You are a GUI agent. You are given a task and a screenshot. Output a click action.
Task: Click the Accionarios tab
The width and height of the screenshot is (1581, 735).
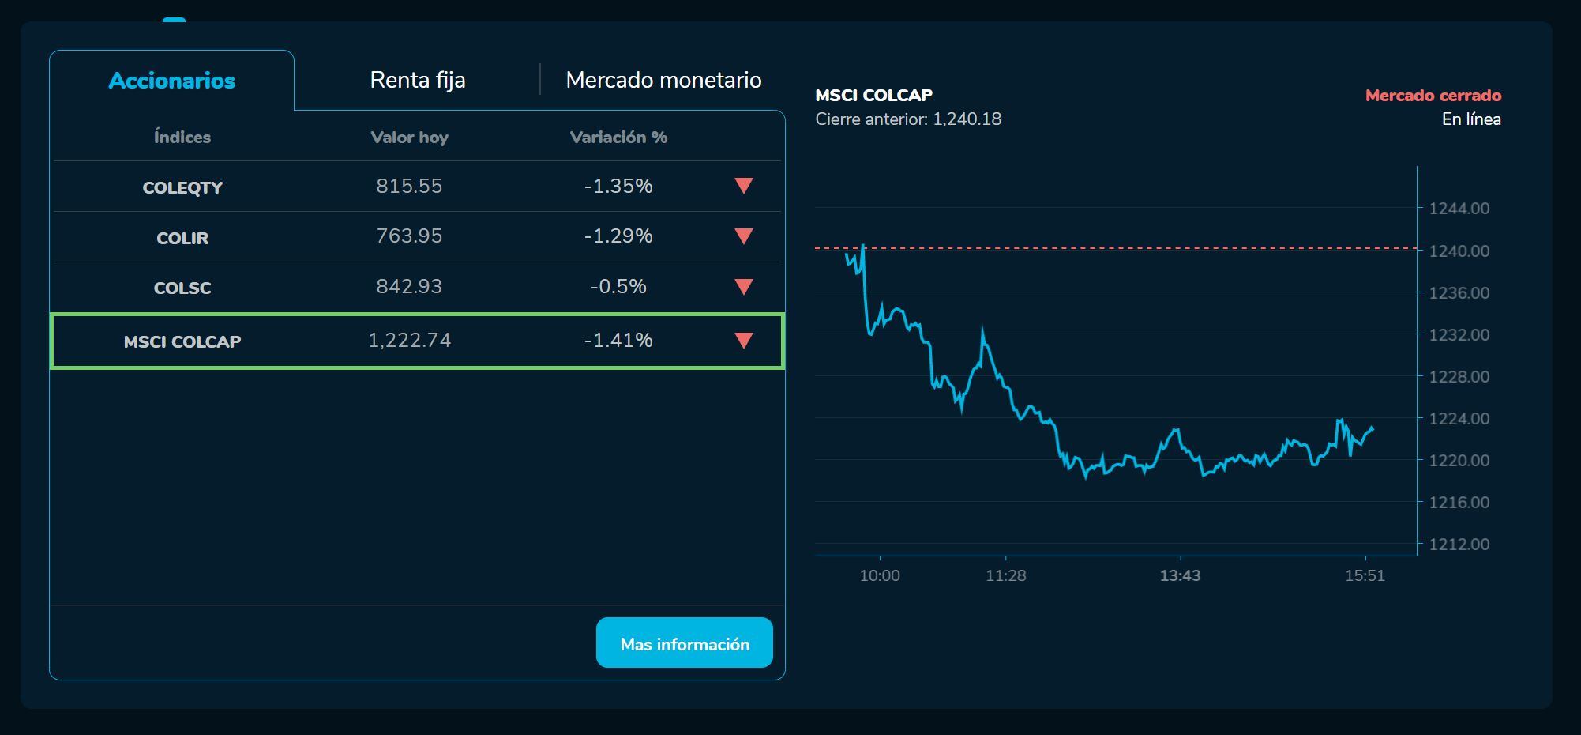point(171,81)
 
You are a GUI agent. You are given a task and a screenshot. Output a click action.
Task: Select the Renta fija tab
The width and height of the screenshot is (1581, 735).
point(417,80)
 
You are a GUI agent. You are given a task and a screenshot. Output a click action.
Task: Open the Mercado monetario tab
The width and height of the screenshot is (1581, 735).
point(663,80)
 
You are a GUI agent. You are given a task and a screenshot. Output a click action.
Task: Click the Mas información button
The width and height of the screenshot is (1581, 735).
point(684,643)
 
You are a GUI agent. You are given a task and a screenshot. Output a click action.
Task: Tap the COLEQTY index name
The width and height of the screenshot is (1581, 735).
point(182,187)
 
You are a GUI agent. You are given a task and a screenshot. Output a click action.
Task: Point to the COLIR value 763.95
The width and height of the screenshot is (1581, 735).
point(409,236)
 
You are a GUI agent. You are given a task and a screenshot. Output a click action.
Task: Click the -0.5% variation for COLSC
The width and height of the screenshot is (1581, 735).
point(618,287)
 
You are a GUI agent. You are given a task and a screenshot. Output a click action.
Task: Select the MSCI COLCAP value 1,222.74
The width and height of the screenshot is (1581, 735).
point(409,341)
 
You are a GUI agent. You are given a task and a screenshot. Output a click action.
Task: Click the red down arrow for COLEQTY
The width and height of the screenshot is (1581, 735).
point(743,186)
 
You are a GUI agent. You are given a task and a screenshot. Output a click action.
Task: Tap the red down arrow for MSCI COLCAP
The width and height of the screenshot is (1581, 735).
point(743,341)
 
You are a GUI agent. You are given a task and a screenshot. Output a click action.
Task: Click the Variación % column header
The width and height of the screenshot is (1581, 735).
point(618,138)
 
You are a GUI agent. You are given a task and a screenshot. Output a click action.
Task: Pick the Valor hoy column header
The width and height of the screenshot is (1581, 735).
point(409,138)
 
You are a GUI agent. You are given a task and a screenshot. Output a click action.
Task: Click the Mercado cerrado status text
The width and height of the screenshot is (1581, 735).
point(1433,96)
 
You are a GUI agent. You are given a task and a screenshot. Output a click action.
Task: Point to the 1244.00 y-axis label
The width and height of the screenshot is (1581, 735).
point(1459,209)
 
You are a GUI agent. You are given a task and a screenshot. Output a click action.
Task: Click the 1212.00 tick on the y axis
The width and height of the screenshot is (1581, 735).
point(1459,545)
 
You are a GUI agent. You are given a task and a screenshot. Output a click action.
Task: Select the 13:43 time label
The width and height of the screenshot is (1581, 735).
point(1180,576)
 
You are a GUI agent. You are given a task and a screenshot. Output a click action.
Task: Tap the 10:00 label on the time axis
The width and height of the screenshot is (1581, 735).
point(880,576)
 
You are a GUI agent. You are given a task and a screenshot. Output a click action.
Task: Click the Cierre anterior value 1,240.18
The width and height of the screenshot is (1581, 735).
point(967,119)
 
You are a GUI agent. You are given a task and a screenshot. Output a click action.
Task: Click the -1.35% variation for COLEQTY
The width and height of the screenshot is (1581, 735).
point(618,187)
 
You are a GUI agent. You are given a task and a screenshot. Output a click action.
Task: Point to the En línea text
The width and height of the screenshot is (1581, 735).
point(1470,119)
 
